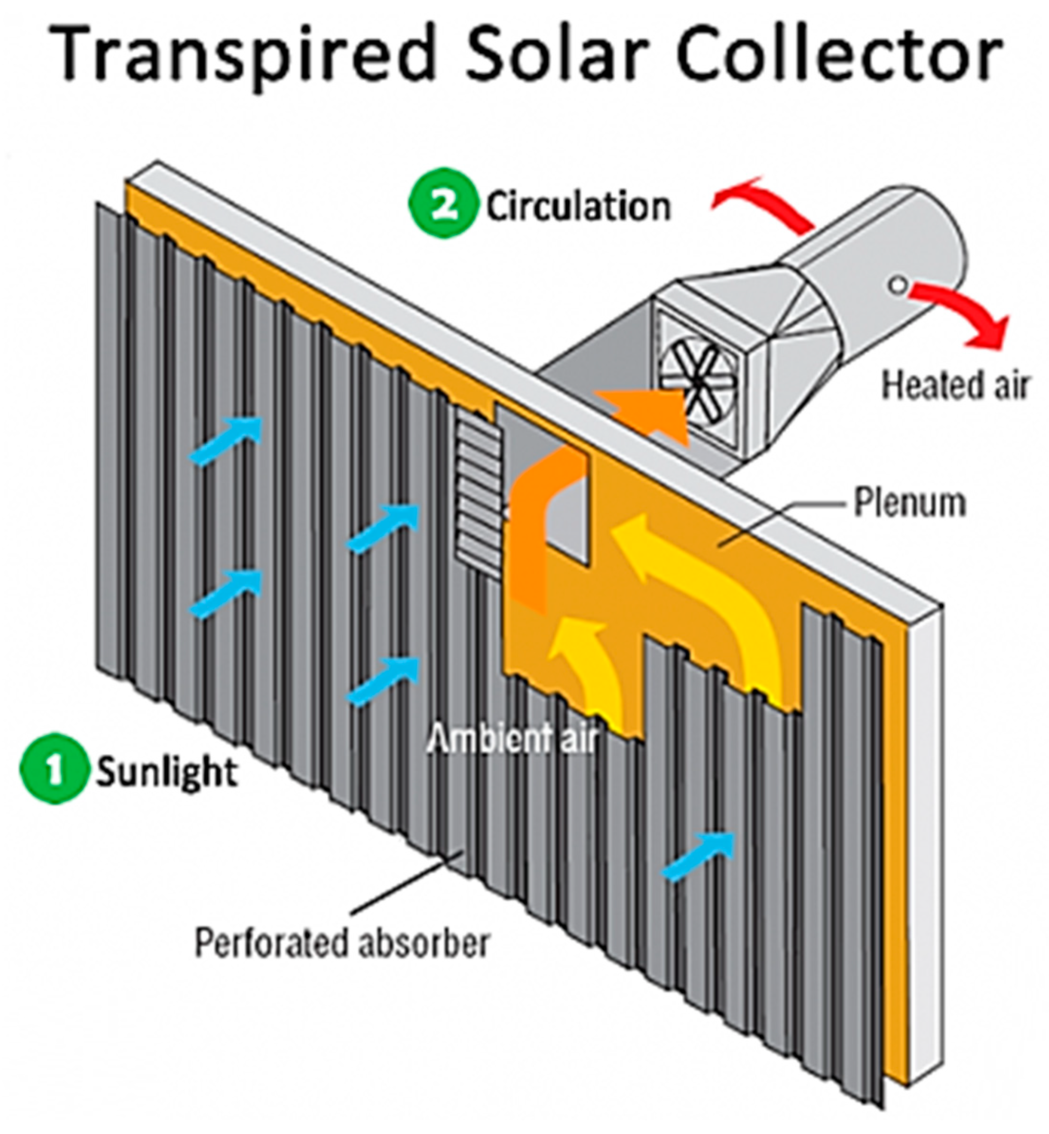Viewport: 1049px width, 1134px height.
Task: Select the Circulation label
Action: (578, 207)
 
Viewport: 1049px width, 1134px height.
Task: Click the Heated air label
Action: (954, 386)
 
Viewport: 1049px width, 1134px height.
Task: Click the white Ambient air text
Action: (511, 740)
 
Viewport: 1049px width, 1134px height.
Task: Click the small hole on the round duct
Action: (899, 284)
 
